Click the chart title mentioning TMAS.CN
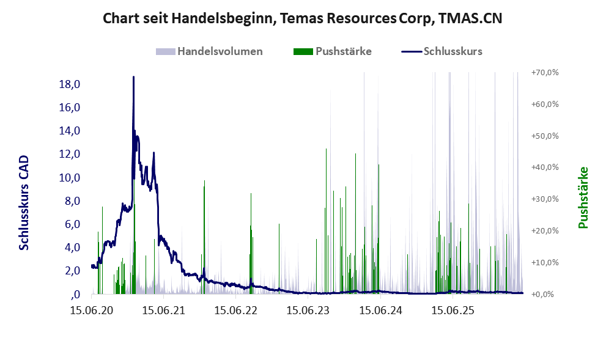point(302,18)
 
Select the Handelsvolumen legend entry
point(209,51)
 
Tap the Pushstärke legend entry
point(333,51)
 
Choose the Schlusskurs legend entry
point(442,51)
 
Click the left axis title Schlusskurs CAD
point(24,202)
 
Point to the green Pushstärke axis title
point(583,197)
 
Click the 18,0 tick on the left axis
point(70,84)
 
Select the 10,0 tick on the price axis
point(70,178)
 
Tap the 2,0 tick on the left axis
point(73,271)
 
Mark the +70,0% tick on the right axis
point(545,73)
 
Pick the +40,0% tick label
point(545,167)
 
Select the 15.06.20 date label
point(92,310)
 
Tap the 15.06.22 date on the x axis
point(236,310)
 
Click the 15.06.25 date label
point(453,310)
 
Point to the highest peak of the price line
point(134,77)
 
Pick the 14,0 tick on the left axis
point(70,131)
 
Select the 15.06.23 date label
point(308,310)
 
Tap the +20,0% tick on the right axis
point(545,230)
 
